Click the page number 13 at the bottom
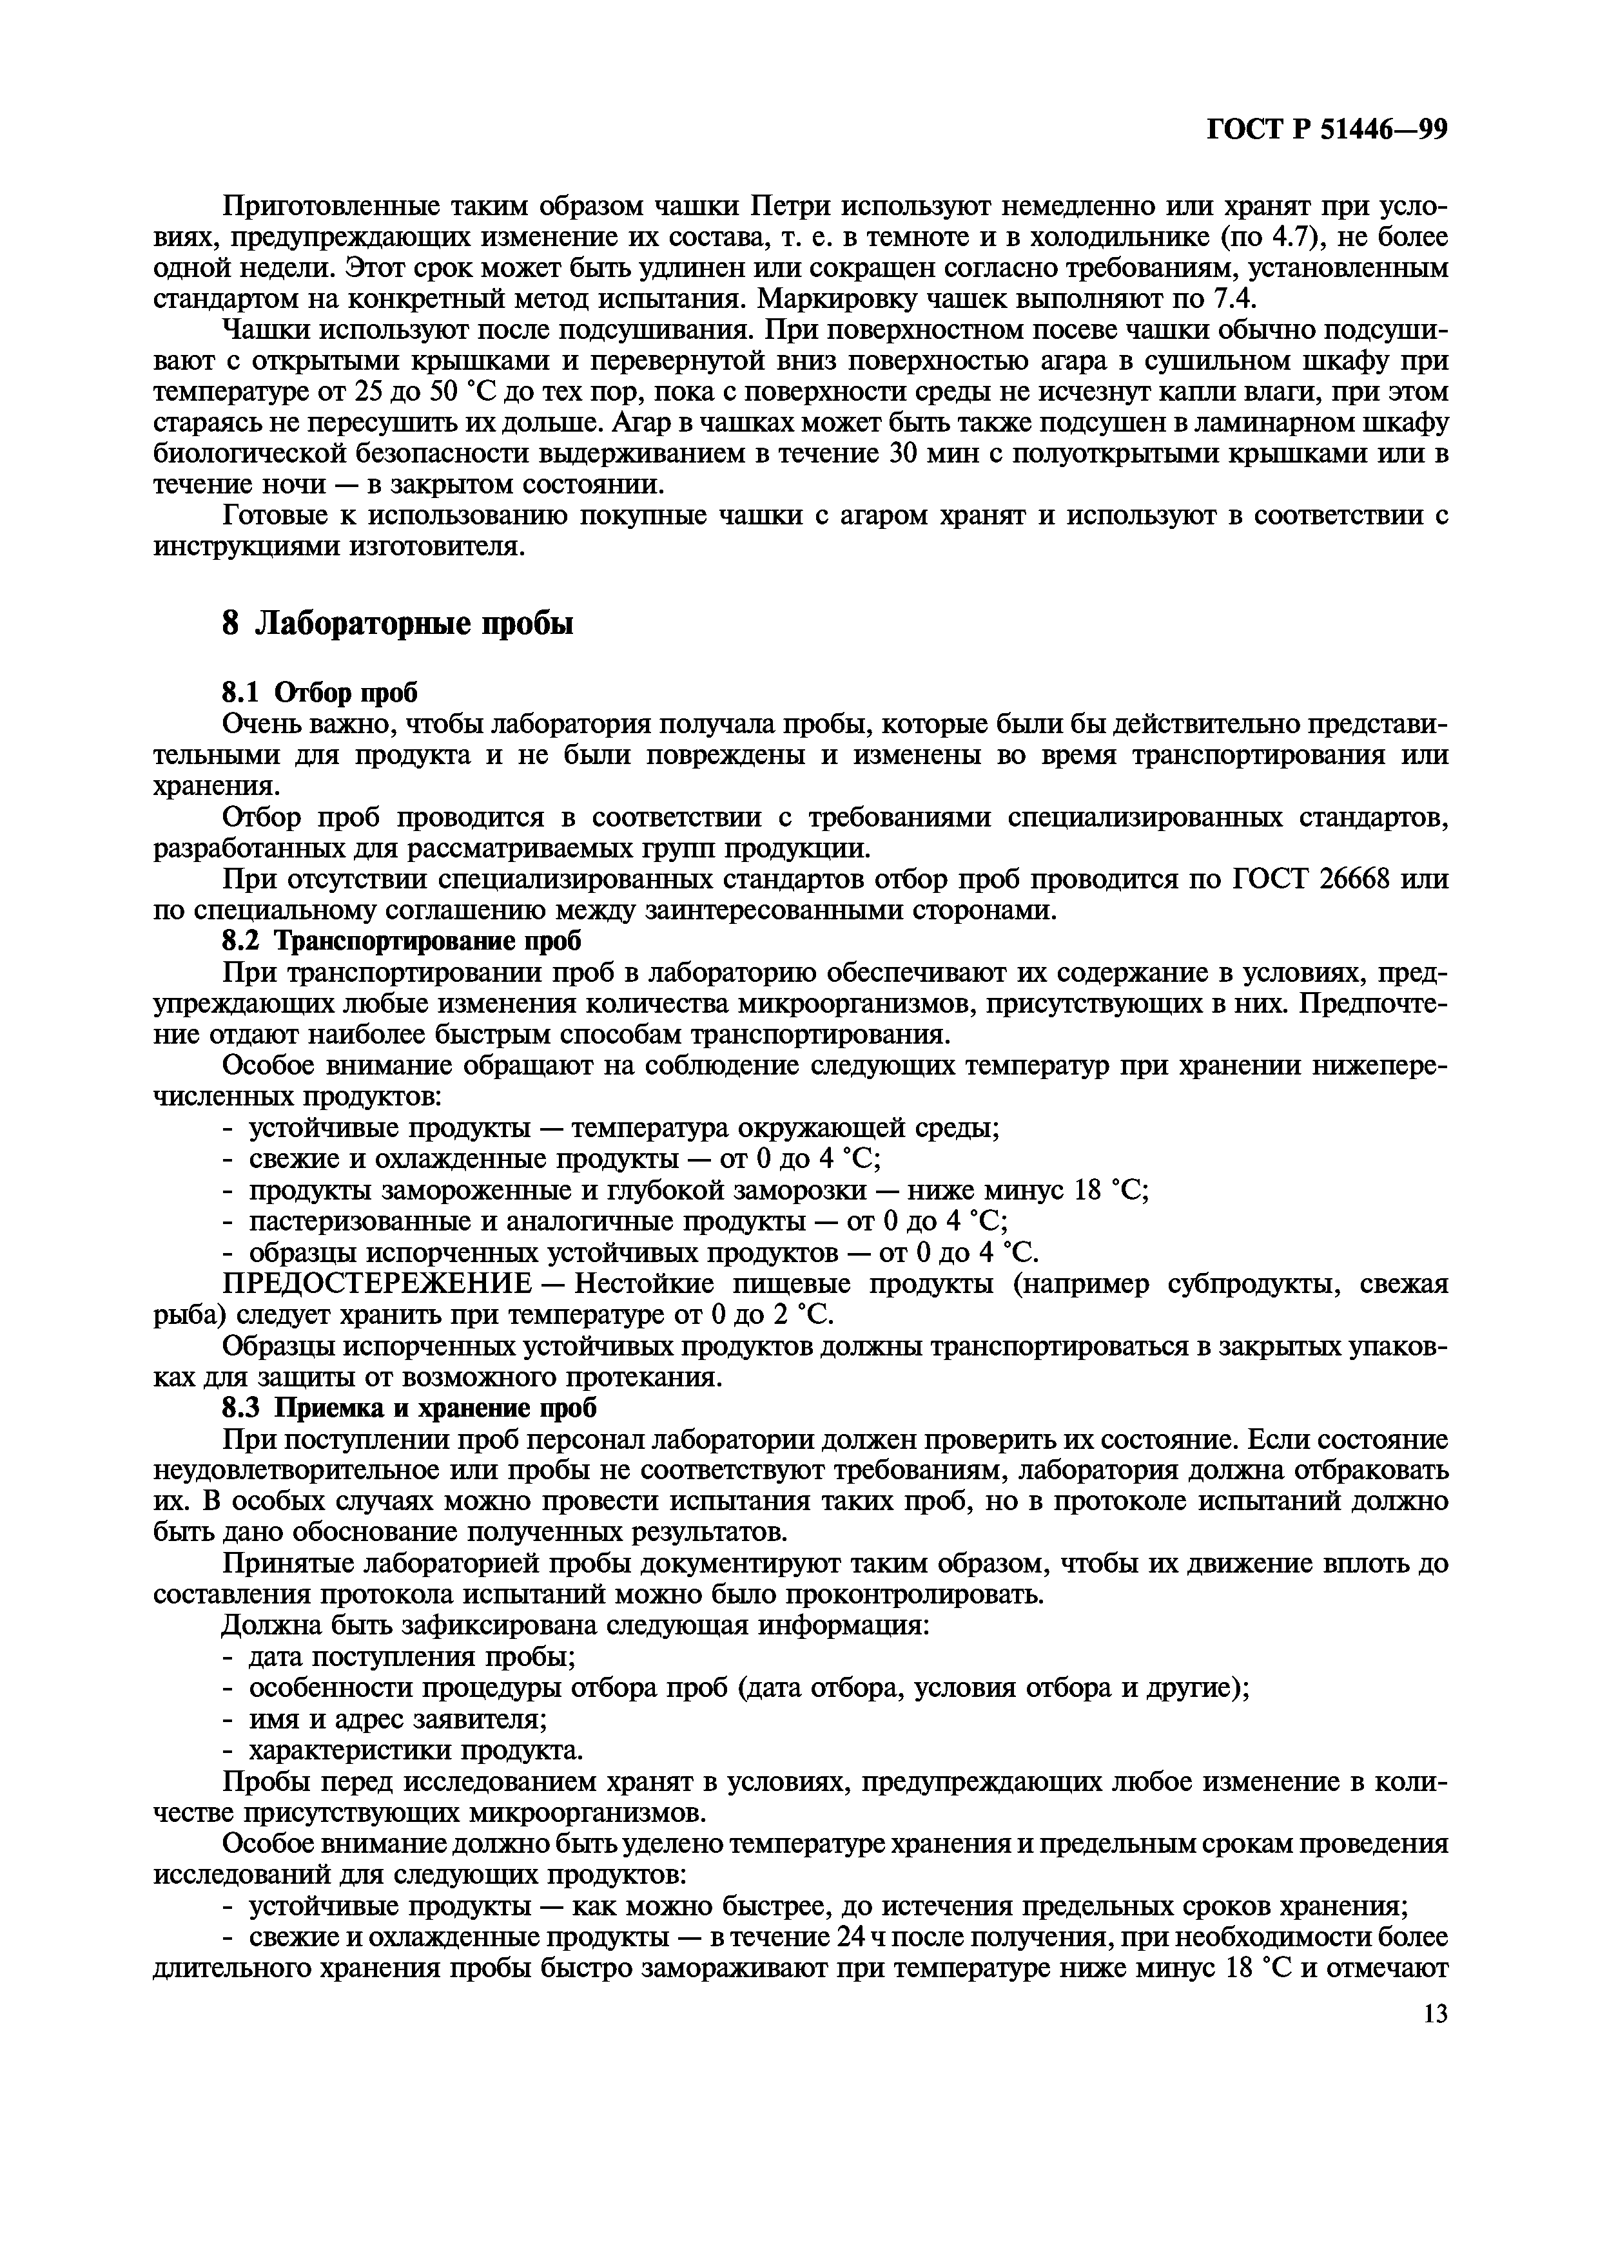tap(1434, 2015)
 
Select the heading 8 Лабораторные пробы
tap(397, 624)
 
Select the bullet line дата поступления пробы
tap(411, 1658)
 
